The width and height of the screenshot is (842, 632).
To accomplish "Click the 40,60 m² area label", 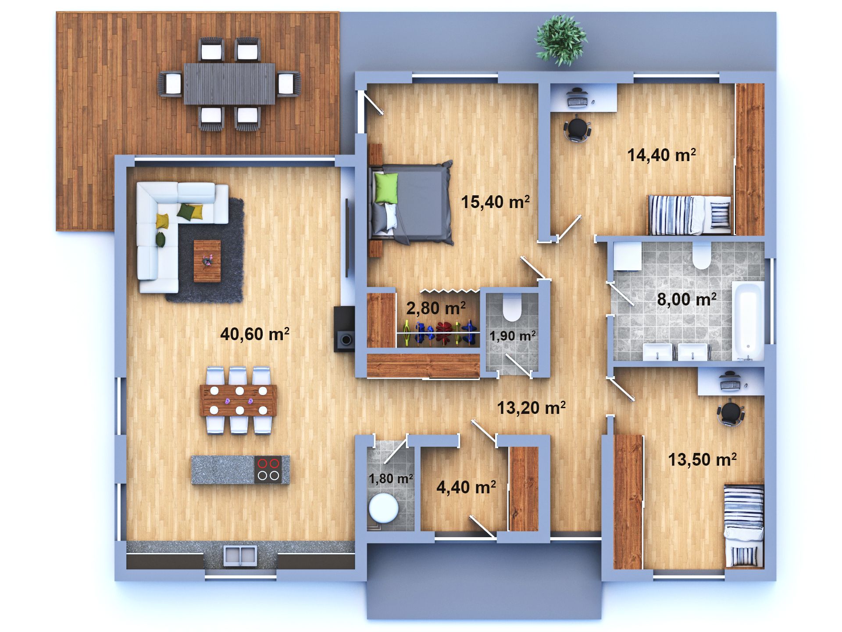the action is click(255, 334).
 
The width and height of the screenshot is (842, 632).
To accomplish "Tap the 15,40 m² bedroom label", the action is click(495, 202).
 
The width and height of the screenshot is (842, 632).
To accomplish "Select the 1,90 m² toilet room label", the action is click(513, 336).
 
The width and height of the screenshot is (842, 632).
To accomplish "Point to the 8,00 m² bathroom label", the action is click(687, 299).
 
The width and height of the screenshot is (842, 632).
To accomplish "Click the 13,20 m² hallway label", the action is click(531, 408).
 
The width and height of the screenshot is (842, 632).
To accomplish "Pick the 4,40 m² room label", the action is click(466, 487).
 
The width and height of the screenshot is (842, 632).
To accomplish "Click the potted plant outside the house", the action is click(560, 40).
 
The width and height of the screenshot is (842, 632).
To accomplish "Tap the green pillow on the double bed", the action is click(386, 188).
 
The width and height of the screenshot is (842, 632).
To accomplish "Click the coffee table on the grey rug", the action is click(207, 261).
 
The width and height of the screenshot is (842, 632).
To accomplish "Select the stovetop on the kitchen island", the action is click(268, 470).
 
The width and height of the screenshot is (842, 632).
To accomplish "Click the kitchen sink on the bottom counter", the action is click(240, 555).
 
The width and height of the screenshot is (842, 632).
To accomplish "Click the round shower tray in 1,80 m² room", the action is click(384, 508).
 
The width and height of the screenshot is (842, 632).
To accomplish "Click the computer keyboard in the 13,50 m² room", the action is click(730, 385).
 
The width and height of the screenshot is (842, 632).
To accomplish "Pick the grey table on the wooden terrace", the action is click(229, 84).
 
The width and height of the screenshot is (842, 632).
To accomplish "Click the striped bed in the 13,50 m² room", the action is click(744, 526).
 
